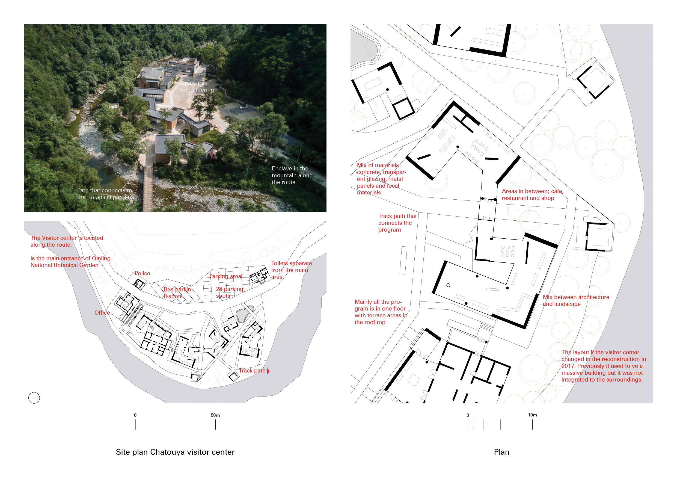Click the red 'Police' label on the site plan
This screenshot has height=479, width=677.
pos(142,273)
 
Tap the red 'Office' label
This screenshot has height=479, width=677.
pos(102,313)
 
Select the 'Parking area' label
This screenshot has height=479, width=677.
pos(225,276)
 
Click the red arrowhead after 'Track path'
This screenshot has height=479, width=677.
pos(268,371)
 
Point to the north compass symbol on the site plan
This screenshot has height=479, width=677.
pos(34,398)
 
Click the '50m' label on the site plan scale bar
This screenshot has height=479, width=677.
pos(215,415)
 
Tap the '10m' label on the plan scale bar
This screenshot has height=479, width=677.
pos(532,415)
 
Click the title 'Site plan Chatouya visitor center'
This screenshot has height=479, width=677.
pos(175,452)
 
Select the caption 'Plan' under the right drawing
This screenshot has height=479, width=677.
pos(501,452)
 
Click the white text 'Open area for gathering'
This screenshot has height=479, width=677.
pos(197,86)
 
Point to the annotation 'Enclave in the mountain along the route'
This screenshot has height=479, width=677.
pos(292,175)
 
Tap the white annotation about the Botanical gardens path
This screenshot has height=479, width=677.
pos(105,194)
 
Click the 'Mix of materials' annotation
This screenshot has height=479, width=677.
pos(381,179)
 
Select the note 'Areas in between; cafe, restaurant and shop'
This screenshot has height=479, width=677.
pos(532,195)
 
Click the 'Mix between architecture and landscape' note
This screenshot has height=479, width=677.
pos(575,301)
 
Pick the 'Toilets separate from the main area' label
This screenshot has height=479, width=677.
pos(291,270)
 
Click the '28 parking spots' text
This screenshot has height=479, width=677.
pos(229,292)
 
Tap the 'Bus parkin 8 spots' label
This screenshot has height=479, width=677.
pos(177,293)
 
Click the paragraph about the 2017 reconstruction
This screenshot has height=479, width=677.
pos(603,366)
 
